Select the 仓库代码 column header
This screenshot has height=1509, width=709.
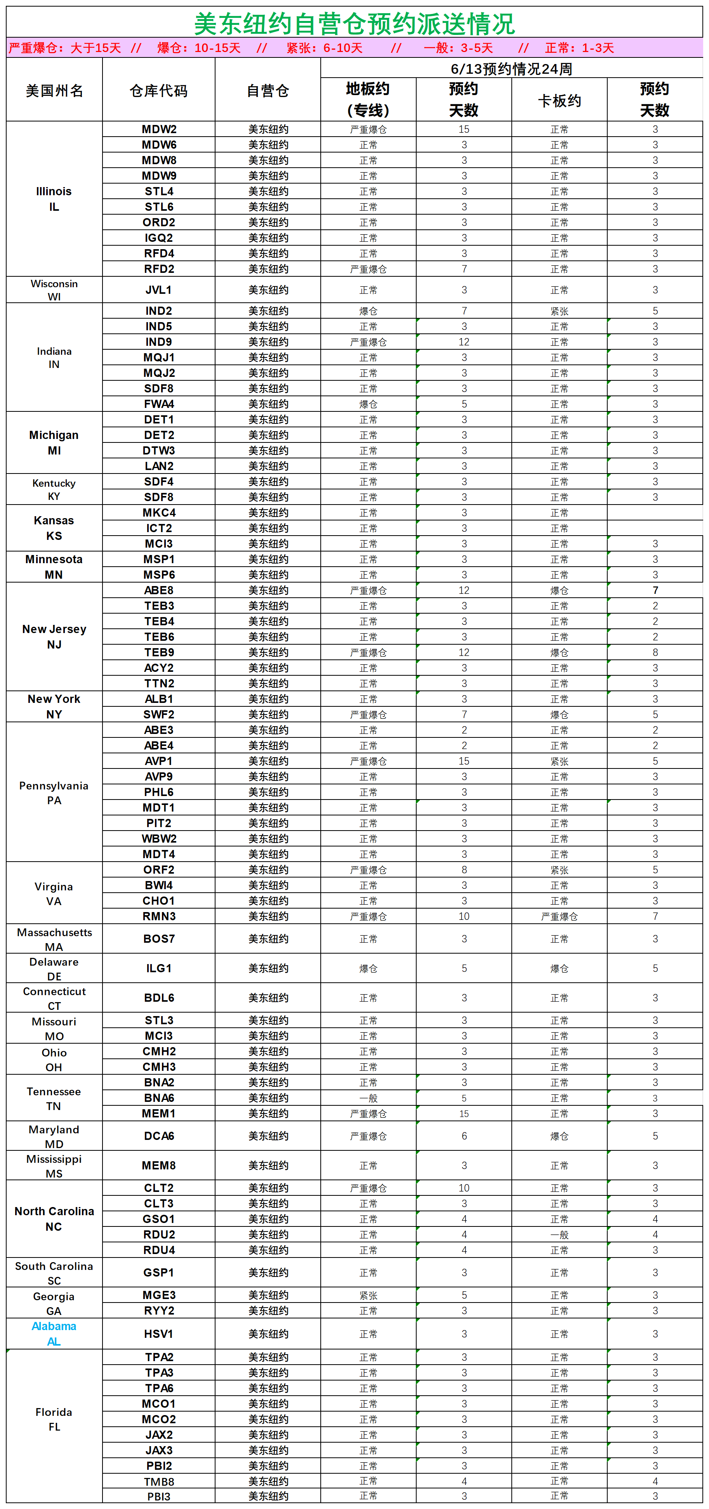click(159, 91)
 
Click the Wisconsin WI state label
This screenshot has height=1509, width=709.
click(54, 290)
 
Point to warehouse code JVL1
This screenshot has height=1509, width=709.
click(159, 290)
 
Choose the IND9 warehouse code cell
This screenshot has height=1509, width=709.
click(159, 342)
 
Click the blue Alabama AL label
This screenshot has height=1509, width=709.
click(54, 1334)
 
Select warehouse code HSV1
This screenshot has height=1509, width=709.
click(159, 1334)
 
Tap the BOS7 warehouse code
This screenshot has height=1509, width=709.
click(159, 938)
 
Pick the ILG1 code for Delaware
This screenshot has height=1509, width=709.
click(159, 968)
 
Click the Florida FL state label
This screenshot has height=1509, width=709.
click(54, 1419)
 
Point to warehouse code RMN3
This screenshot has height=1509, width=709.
click(159, 916)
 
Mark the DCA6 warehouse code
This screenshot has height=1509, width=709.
click(159, 1136)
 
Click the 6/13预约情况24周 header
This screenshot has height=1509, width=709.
click(511, 69)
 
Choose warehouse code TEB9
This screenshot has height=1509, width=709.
click(159, 652)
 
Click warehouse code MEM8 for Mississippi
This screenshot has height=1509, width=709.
click(159, 1166)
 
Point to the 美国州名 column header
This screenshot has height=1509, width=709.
click(54, 91)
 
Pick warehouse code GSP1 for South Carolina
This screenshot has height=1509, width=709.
click(159, 1272)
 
